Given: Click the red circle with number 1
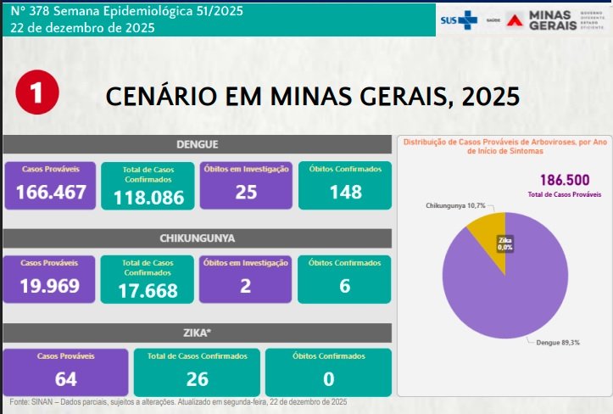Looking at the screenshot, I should click(x=37, y=93).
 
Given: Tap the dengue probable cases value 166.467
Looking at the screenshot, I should click(x=51, y=193).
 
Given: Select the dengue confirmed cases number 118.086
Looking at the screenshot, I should click(x=149, y=199).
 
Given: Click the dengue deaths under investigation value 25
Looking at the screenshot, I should click(x=246, y=193).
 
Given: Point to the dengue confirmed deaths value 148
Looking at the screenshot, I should click(x=344, y=193).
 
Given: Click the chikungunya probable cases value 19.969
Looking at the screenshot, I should click(x=51, y=286).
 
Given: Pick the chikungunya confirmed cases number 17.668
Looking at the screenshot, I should click(x=149, y=291).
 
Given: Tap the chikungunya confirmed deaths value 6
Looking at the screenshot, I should click(x=344, y=286).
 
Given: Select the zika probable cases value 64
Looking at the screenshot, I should click(x=65, y=379).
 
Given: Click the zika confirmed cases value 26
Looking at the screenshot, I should click(x=196, y=379).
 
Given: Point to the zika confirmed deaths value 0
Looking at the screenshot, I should click(x=328, y=379).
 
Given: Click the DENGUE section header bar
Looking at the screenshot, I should click(x=197, y=144).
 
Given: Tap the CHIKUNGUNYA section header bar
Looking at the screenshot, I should click(x=197, y=238).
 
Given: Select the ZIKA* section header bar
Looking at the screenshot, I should click(x=197, y=332).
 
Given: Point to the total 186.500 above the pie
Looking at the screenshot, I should click(x=564, y=180).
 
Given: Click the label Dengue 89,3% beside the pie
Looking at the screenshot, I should click(x=557, y=343).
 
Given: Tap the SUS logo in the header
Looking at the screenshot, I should click(x=458, y=20).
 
